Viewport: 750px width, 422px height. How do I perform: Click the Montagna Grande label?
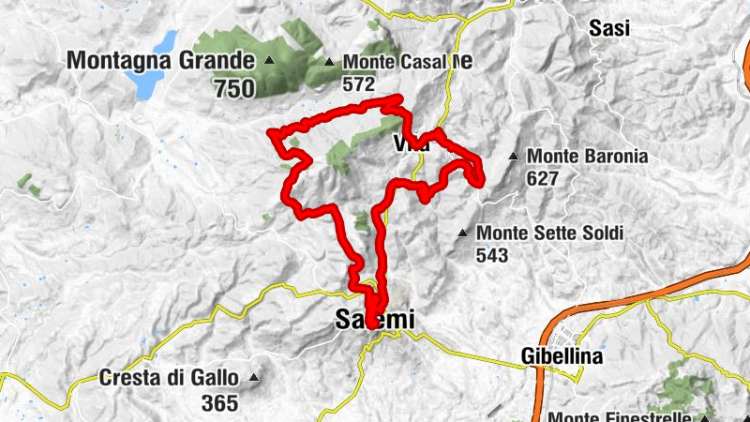tap(161, 61)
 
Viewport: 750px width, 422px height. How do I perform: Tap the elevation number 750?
tap(234, 89)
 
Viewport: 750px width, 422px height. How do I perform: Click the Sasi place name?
tap(609, 28)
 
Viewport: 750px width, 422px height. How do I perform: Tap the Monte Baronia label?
tap(588, 157)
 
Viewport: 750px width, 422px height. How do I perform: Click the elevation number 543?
tap(492, 255)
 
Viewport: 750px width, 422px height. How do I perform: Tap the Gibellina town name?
tap(562, 356)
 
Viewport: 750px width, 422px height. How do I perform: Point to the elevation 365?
tap(221, 405)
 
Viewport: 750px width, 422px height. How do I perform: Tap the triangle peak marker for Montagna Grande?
tap(271, 62)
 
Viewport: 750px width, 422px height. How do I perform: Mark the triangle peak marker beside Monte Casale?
tap(329, 63)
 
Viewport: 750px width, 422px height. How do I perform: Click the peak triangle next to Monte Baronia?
tap(514, 157)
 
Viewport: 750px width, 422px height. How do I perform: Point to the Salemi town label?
tap(374, 320)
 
